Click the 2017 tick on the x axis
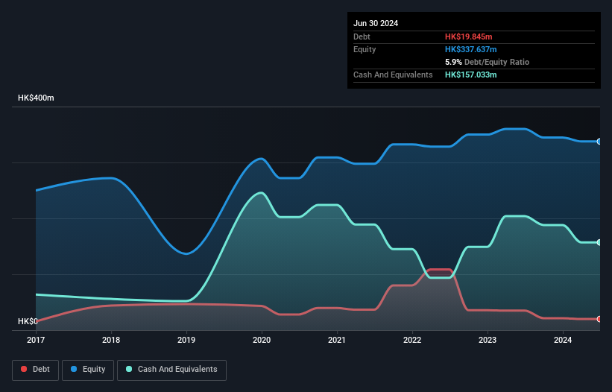[36, 340]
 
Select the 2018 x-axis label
[111, 340]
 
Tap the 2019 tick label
[186, 340]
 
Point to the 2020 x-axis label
[262, 340]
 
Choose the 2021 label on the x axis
[337, 340]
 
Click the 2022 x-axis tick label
[412, 340]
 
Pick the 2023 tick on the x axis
[488, 340]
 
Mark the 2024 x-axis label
[563, 340]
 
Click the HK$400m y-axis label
[36, 98]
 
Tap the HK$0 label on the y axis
[28, 321]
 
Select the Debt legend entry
[37, 369]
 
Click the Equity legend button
[88, 369]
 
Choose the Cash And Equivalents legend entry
[171, 369]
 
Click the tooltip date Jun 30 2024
[376, 23]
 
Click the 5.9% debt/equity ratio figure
[453, 62]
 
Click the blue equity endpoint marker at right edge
[599, 141]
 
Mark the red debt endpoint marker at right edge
[599, 319]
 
